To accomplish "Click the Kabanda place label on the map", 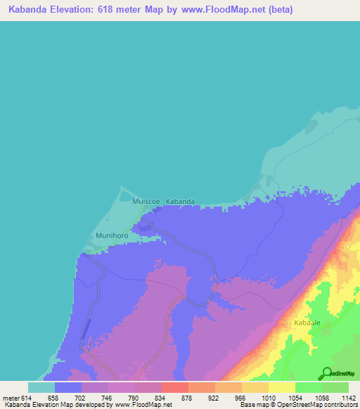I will pos(180,202).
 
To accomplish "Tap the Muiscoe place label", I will pos(146,202).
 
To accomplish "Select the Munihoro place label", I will pos(109,237).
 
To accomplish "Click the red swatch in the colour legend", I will pos(174,387).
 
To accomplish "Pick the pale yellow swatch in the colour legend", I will pos(281,387).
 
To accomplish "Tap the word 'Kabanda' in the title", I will pos(30,10).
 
